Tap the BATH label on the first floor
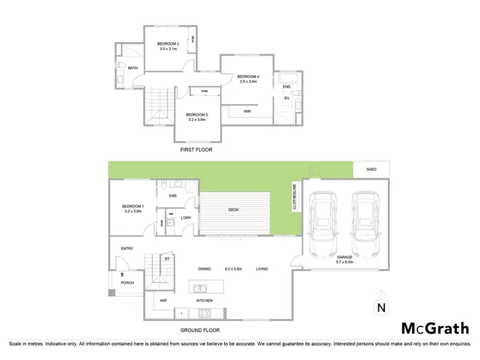click(132, 68)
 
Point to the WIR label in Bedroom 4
click(247, 111)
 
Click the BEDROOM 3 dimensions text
click(198, 120)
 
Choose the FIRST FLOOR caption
click(196, 149)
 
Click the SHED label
click(371, 170)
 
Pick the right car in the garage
click(362, 223)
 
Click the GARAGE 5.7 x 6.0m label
click(345, 259)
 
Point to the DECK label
click(234, 209)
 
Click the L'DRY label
click(186, 218)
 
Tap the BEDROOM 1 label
click(133, 208)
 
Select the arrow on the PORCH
click(122, 274)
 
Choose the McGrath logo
click(435, 328)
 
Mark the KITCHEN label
click(204, 300)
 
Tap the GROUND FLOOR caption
click(200, 331)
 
